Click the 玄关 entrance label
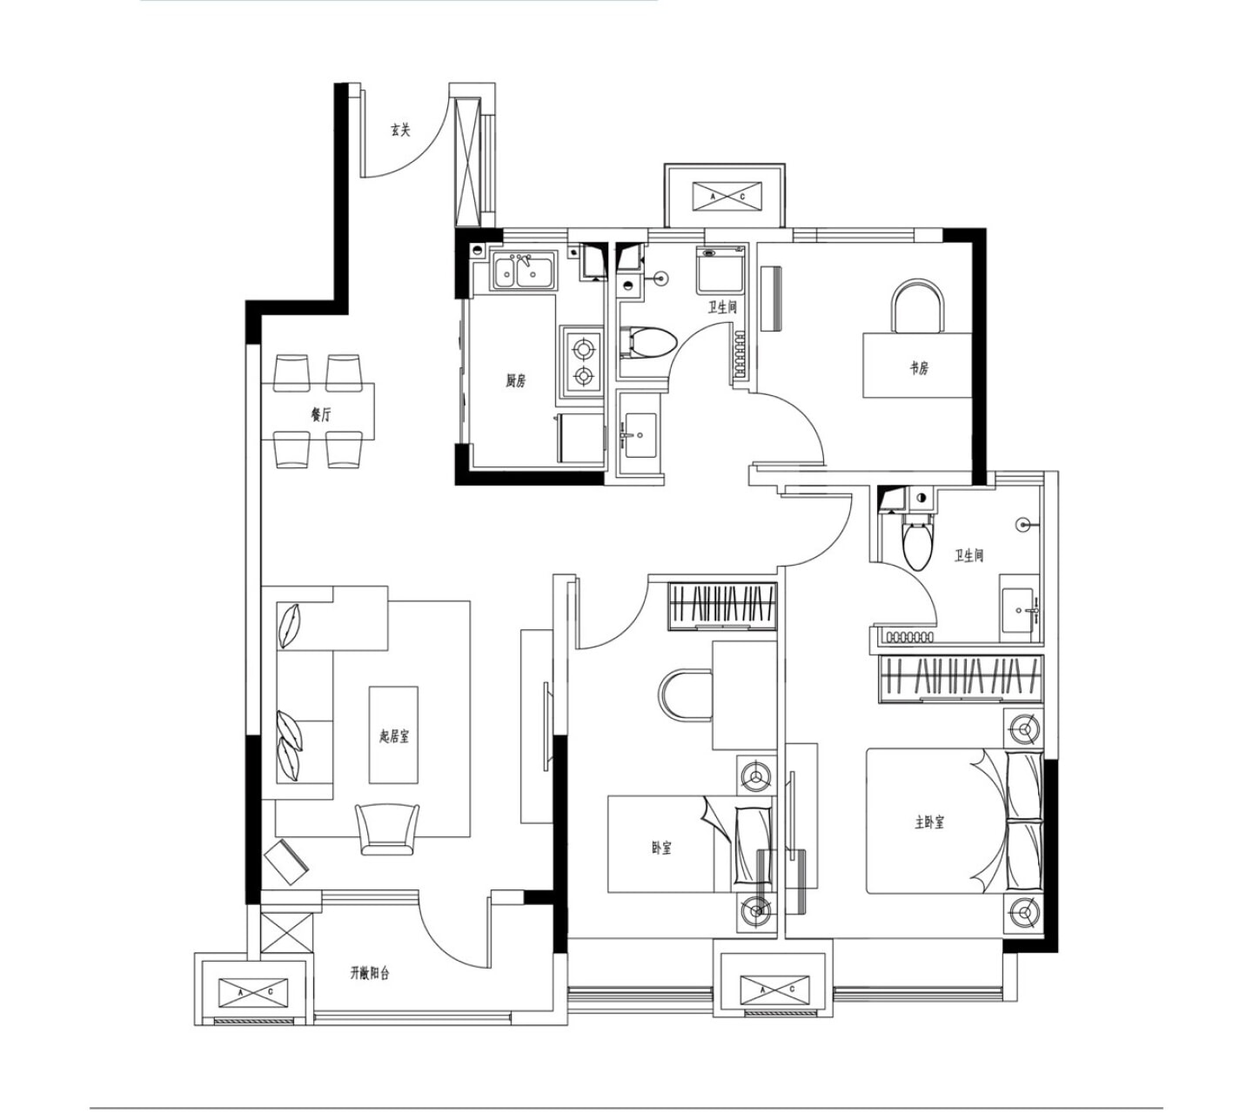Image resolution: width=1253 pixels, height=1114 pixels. pyautogui.click(x=400, y=130)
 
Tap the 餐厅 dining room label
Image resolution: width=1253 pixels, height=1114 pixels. pyautogui.click(x=321, y=415)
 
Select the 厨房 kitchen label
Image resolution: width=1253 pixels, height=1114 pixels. pyautogui.click(x=515, y=381)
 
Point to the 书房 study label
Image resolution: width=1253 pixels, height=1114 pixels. pyautogui.click(x=918, y=369)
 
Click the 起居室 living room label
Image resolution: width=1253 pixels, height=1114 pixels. pyautogui.click(x=394, y=736)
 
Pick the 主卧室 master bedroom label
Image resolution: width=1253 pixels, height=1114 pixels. pyautogui.click(x=929, y=822)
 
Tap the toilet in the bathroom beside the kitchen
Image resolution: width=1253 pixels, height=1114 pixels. pyautogui.click(x=648, y=343)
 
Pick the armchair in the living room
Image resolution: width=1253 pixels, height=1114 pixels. pyautogui.click(x=387, y=829)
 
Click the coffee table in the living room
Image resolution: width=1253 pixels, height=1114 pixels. pyautogui.click(x=393, y=735)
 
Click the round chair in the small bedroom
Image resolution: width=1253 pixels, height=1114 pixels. pyautogui.click(x=686, y=695)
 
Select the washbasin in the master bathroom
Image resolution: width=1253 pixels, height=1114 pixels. pyautogui.click(x=1018, y=610)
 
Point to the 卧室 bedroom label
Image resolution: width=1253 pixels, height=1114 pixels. pyautogui.click(x=661, y=848)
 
